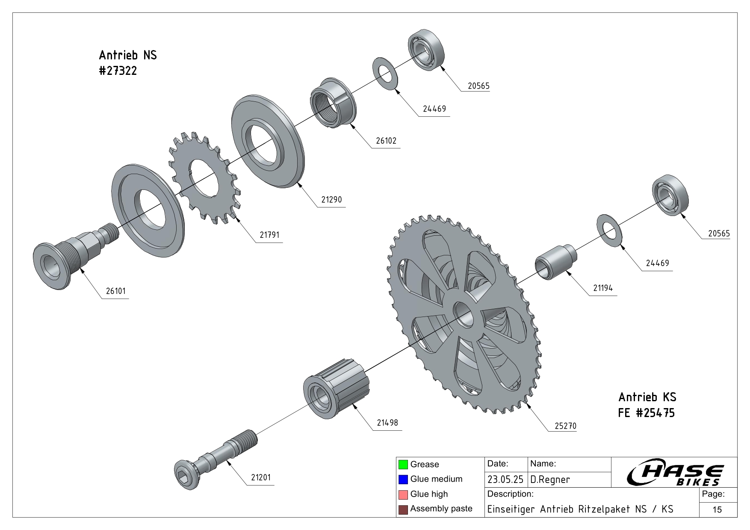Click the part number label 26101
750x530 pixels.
(x=115, y=291)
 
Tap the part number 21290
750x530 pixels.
(x=332, y=200)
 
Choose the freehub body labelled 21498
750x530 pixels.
(x=336, y=389)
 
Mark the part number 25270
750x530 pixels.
(x=565, y=426)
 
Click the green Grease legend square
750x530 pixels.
(x=403, y=465)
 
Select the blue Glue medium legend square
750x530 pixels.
(x=403, y=480)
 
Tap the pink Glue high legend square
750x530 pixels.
(x=403, y=494)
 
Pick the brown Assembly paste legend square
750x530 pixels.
(x=403, y=509)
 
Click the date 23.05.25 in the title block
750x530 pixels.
(x=505, y=480)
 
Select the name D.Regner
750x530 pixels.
(x=550, y=480)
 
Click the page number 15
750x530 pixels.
(x=717, y=509)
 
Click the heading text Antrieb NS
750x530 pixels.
(x=128, y=55)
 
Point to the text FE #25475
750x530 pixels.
(x=647, y=413)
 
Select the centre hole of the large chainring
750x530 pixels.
(x=464, y=314)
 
